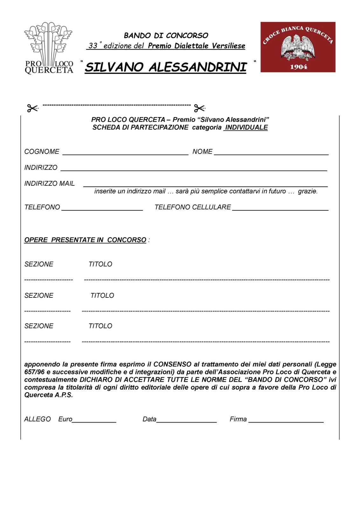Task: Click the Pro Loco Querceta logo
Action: [49, 48]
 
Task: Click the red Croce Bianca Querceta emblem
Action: [298, 47]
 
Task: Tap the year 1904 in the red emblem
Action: [299, 67]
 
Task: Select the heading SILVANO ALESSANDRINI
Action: [166, 67]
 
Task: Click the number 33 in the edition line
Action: [93, 46]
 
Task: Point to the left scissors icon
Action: [32, 108]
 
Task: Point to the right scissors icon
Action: [199, 108]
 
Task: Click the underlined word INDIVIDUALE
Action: [246, 128]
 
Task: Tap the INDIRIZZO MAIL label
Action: [49, 184]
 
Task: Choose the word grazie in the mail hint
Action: [308, 192]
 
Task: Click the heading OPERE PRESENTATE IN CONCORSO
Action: [85, 240]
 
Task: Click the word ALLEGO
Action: [38, 419]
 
